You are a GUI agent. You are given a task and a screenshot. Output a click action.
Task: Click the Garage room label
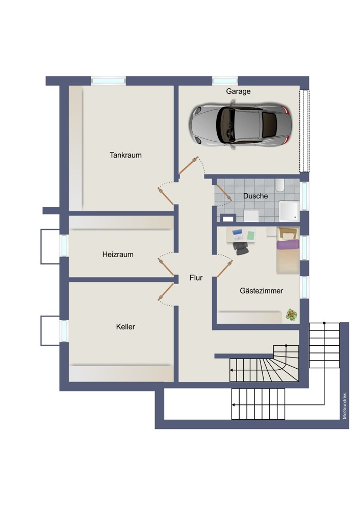[238, 91]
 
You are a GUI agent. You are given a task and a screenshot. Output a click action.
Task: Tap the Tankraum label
[125, 155]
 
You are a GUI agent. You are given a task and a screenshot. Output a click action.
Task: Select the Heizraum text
[118, 254]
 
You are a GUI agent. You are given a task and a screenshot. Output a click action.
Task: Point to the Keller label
[125, 326]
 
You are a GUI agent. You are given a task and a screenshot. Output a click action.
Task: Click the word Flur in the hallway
[196, 278]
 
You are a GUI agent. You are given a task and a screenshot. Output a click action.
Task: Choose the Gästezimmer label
[262, 291]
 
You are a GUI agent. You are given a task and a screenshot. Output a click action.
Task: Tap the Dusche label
[255, 196]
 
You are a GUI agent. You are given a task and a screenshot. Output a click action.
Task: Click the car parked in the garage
[240, 124]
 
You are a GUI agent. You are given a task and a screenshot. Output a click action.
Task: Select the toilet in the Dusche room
[279, 186]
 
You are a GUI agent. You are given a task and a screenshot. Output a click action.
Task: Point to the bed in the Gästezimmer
[288, 250]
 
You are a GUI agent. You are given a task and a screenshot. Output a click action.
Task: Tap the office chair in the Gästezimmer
[241, 248]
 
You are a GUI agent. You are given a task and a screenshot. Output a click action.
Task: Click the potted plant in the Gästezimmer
[291, 315]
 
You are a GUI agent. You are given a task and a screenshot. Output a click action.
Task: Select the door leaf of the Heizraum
[166, 267]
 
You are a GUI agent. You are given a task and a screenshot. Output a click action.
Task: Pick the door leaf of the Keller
[166, 291]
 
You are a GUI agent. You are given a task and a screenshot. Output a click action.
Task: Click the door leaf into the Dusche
[224, 193]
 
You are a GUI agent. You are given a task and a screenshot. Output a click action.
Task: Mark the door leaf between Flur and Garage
[189, 165]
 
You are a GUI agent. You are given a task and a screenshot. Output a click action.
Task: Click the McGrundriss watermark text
[345, 405]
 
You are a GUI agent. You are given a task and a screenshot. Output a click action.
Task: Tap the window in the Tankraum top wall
[108, 81]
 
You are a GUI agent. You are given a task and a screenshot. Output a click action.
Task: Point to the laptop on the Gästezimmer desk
[238, 234]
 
